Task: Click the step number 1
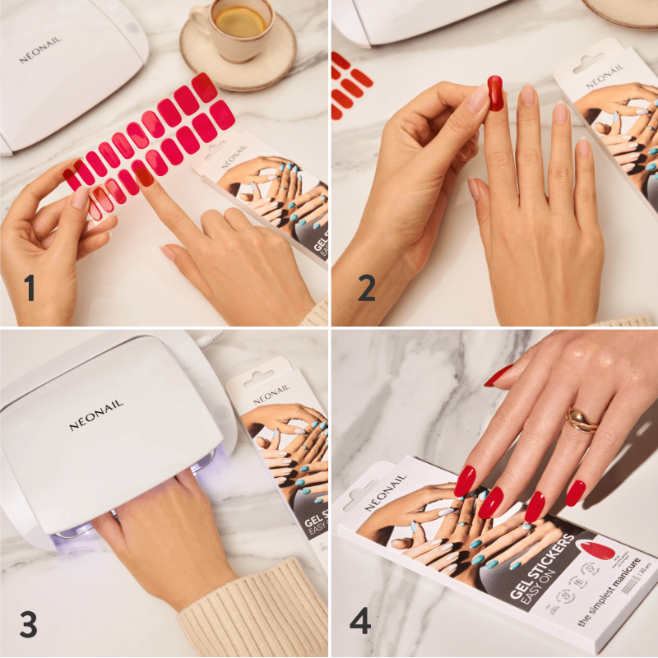click(x=30, y=290)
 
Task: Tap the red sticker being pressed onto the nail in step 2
click(x=495, y=92)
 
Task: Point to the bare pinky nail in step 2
click(x=583, y=147)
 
